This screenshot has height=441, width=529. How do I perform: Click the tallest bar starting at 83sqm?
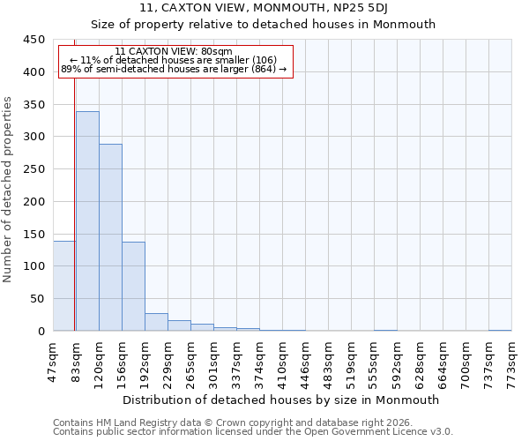tap(87, 220)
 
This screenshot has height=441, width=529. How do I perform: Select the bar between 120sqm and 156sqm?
tap(110, 237)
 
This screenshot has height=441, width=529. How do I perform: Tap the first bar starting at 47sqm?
tap(63, 286)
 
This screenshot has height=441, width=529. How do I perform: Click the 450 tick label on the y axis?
tap(34, 40)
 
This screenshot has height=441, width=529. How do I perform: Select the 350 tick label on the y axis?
tap(34, 105)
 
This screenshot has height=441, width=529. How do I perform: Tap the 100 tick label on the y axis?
tap(34, 266)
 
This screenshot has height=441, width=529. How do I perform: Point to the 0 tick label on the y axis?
tap(41, 332)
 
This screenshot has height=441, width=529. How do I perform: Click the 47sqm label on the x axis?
tap(54, 361)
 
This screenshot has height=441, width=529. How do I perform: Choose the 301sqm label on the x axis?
tap(214, 363)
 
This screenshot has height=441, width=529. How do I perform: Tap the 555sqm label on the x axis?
tap(375, 363)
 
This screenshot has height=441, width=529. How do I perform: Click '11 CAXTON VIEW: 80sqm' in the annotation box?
tap(174, 52)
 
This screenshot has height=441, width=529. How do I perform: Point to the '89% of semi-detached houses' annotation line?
tap(174, 69)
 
